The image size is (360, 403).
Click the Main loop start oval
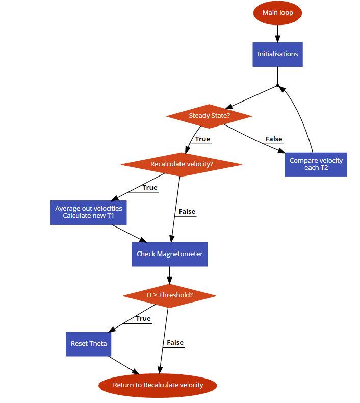(277, 13)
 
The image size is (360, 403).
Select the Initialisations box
(277, 54)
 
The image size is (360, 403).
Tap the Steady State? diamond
(209, 116)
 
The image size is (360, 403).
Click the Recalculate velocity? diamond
(181, 164)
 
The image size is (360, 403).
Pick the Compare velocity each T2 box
(316, 164)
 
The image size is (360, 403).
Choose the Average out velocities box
(88, 212)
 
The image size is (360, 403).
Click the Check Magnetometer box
(169, 254)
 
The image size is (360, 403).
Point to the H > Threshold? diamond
(169, 295)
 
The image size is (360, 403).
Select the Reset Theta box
(89, 344)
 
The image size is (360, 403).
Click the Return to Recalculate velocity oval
(158, 385)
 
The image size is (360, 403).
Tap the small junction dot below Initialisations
(277, 85)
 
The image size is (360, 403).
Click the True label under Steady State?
(202, 139)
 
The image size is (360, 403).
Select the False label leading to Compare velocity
(274, 139)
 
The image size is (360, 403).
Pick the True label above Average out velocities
(150, 188)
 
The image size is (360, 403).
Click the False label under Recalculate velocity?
(187, 211)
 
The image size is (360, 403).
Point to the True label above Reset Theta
(143, 319)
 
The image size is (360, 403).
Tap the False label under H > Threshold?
(175, 343)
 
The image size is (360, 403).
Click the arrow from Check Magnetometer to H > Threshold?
(169, 275)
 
